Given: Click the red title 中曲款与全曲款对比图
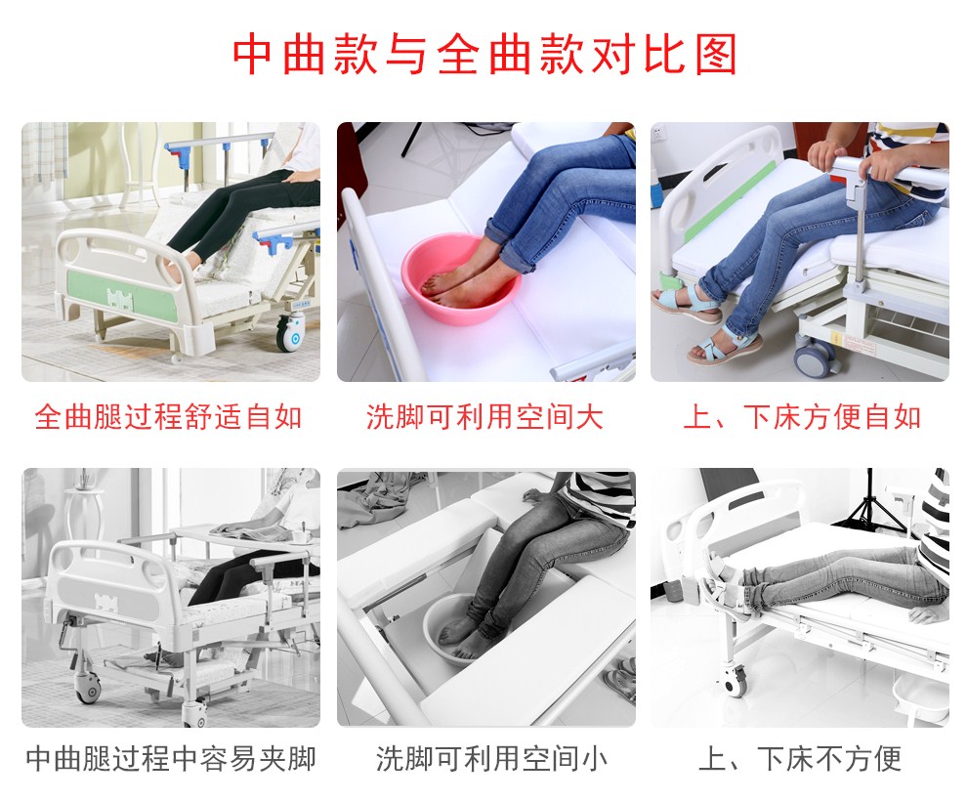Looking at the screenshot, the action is pyautogui.click(x=484, y=55).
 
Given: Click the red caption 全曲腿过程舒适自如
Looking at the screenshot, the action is pyautogui.click(x=168, y=417).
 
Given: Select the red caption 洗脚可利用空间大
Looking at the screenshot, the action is pyautogui.click(x=484, y=417).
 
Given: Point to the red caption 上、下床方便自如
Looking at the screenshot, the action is pyautogui.click(x=802, y=417).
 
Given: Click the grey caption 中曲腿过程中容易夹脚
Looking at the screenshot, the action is pyautogui.click(x=171, y=758).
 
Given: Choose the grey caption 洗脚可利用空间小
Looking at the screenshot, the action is pyautogui.click(x=491, y=758).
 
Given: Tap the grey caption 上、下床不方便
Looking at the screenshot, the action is pyautogui.click(x=800, y=758).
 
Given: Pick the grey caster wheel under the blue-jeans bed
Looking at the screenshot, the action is pyautogui.click(x=816, y=357).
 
